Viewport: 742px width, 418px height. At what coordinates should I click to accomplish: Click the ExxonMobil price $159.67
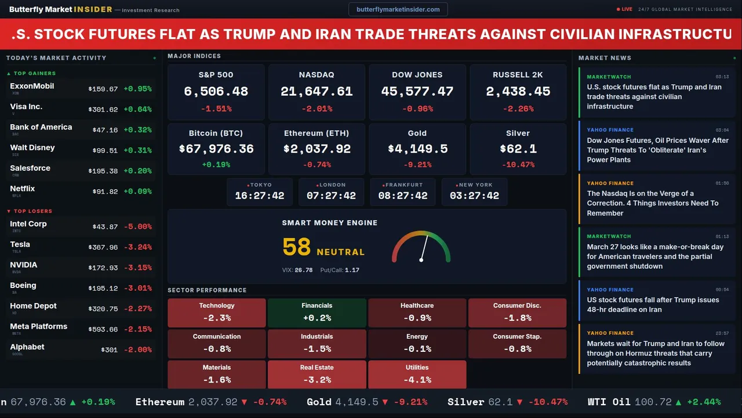(103, 89)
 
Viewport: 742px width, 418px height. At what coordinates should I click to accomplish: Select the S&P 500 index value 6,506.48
(216, 92)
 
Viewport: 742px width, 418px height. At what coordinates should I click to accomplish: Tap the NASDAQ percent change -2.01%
(317, 109)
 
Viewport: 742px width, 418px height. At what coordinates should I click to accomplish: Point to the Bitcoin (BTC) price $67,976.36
(216, 149)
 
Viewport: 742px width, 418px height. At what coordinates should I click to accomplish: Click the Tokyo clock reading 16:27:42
(259, 196)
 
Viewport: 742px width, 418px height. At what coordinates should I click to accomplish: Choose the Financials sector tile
(317, 312)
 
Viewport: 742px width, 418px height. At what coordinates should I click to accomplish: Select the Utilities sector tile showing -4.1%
(417, 374)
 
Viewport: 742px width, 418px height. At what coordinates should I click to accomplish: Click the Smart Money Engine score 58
(297, 247)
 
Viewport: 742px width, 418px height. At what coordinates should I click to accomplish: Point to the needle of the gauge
(424, 248)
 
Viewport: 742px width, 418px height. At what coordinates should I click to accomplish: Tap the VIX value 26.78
(303, 270)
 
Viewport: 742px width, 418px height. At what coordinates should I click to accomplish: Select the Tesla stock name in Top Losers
(20, 244)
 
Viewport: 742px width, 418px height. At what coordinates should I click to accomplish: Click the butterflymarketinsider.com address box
(398, 9)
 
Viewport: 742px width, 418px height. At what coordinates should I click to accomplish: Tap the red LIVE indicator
(624, 9)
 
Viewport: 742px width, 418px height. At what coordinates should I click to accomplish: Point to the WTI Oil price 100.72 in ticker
(653, 402)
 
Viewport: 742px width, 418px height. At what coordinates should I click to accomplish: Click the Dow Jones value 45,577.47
(417, 92)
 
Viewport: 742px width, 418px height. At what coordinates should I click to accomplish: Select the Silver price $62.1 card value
(518, 149)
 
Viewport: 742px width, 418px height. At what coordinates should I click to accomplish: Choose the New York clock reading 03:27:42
(474, 196)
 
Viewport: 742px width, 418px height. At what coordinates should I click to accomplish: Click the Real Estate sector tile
(317, 374)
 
